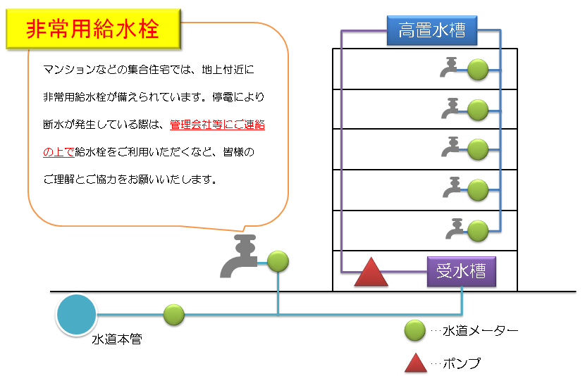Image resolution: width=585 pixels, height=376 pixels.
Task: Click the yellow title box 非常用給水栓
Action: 93,29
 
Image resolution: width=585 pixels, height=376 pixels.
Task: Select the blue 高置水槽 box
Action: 432,30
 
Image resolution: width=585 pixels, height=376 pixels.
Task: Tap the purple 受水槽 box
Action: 462,271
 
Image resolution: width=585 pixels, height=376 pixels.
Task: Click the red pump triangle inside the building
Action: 371,272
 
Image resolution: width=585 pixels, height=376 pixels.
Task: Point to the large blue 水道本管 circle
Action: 77,315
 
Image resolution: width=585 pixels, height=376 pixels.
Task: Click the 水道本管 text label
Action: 117,339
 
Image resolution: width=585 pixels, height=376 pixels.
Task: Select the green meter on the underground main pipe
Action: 174,315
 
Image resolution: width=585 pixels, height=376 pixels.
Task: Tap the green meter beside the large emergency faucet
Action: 278,261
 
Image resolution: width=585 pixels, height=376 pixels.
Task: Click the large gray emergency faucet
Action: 240,256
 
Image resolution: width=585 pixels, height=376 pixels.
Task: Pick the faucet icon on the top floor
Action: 449,67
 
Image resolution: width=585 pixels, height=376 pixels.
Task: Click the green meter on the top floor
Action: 478,70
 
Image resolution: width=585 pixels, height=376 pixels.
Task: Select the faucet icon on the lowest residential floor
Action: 455,228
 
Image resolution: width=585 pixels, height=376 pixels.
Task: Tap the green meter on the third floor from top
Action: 478,150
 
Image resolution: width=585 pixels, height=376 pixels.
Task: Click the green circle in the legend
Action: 415,330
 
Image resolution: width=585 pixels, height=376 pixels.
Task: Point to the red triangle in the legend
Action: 416,363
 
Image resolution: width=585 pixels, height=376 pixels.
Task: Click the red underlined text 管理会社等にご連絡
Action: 218,125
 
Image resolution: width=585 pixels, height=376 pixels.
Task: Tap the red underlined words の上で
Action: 59,152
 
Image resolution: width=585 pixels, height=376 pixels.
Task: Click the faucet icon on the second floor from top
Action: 450,108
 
